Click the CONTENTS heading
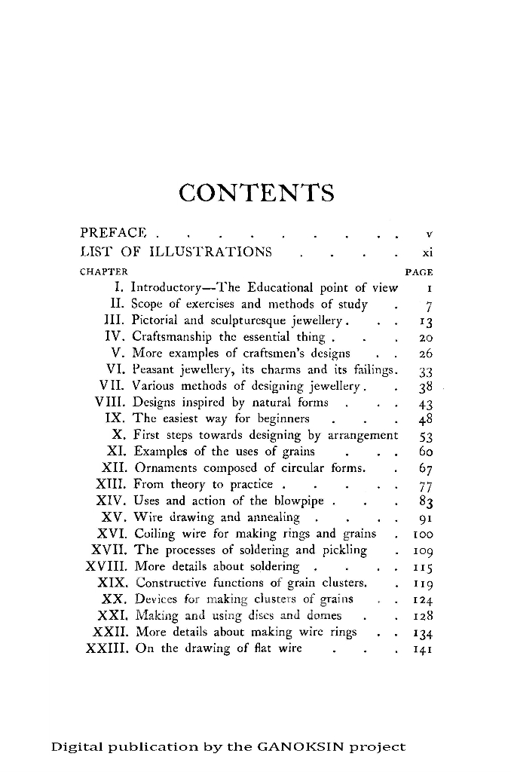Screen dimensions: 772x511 (x=256, y=193)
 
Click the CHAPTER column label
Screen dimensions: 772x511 (x=103, y=271)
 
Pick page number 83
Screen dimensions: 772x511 (x=424, y=501)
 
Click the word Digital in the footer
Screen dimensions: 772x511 (x=75, y=748)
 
